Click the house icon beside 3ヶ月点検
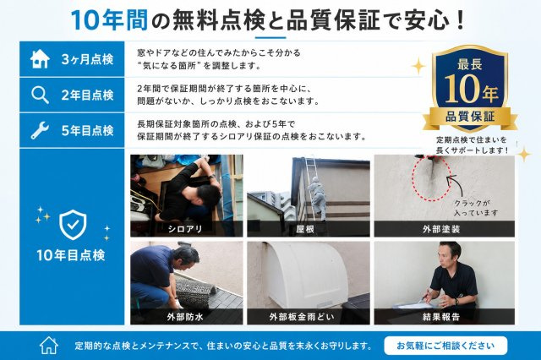coord(40,59)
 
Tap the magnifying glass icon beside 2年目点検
coord(40,95)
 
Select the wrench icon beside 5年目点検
coord(40,130)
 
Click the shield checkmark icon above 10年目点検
coord(73,225)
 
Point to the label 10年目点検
coord(71,255)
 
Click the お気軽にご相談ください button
coord(445,346)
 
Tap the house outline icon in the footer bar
coord(49,345)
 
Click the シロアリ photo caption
coord(185,229)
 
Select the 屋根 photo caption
coord(305,229)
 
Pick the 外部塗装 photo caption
coord(441,229)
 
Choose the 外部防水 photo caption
coord(185,317)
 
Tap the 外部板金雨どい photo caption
coord(303,317)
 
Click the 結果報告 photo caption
coord(441,317)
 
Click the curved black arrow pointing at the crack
coord(456,186)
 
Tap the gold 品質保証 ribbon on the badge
coord(470,117)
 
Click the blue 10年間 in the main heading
coord(110,20)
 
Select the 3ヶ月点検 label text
coord(88,60)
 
